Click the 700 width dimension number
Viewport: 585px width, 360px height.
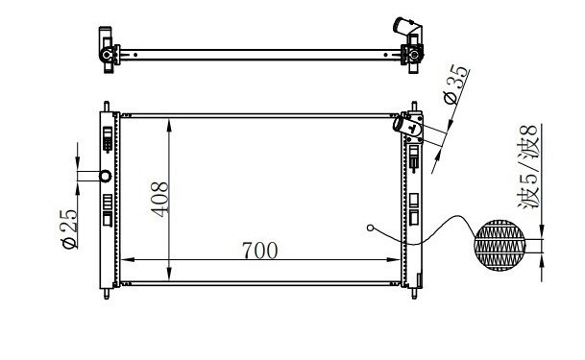tap(260, 250)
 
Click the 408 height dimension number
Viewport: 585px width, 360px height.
tap(159, 199)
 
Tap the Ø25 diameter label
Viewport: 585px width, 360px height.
tap(69, 228)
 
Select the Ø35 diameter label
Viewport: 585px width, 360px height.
tap(456, 84)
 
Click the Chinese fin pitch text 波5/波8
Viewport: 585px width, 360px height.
tap(528, 167)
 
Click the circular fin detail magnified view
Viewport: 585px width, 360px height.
tap(500, 245)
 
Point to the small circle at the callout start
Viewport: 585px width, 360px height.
tap(370, 228)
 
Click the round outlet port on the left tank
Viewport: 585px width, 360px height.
tap(106, 176)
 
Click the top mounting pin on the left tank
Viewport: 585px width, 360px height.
tap(107, 107)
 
